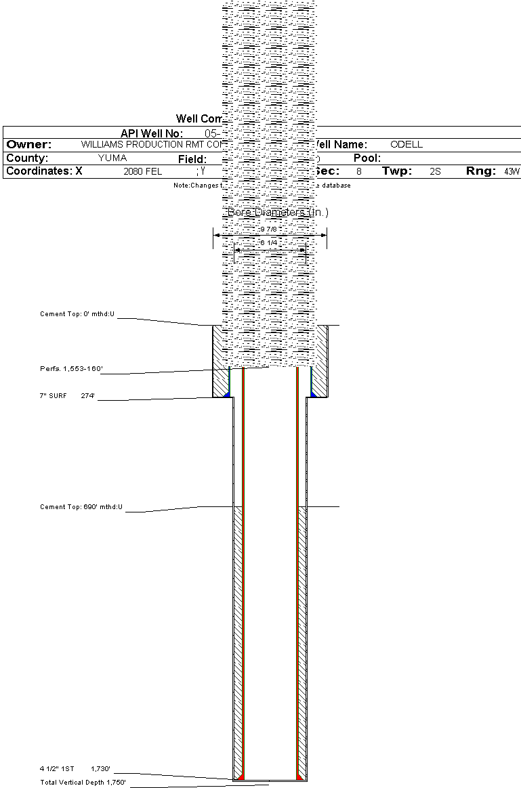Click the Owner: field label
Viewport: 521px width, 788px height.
click(29, 145)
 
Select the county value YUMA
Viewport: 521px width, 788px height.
click(112, 158)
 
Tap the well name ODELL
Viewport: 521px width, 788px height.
click(407, 145)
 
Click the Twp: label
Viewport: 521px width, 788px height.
click(396, 171)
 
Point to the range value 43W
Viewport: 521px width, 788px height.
click(512, 172)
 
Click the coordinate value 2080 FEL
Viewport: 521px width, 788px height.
click(142, 172)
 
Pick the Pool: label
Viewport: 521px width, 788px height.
click(368, 158)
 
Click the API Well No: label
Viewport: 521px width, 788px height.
click(152, 133)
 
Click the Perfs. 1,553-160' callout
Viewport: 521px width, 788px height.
click(71, 369)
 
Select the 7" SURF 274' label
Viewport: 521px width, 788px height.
click(68, 395)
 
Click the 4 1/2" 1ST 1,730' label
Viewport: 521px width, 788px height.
click(75, 769)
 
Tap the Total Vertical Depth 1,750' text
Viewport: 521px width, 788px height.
click(83, 783)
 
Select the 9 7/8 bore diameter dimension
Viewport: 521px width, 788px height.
click(270, 229)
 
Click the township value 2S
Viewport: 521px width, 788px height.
click(435, 172)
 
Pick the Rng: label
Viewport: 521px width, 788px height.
click(481, 171)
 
